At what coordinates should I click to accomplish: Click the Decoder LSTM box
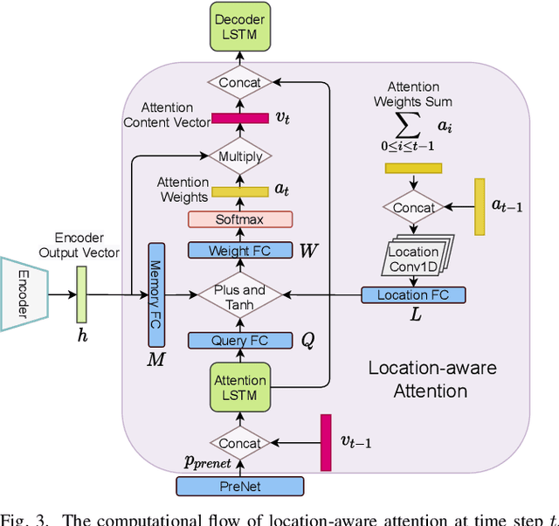240,27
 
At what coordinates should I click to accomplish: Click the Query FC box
240,341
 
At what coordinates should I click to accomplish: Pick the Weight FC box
240,251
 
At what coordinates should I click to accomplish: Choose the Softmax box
240,219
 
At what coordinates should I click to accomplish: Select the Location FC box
413,295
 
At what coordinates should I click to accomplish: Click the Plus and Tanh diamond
240,296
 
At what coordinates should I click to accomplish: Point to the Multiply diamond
240,156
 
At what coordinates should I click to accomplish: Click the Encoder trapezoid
24,294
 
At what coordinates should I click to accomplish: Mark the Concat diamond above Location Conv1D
413,208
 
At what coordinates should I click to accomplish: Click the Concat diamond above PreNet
240,443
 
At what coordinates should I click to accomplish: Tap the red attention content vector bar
240,118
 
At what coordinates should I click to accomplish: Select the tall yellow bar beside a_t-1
480,207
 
